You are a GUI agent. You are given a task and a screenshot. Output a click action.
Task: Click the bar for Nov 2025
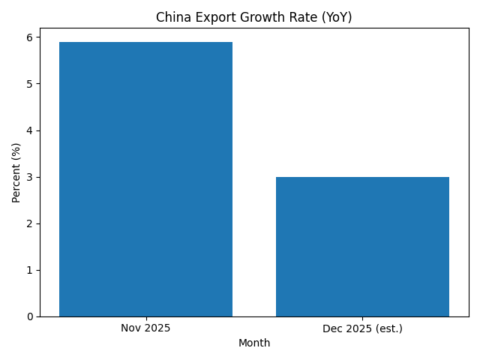click(x=145, y=179)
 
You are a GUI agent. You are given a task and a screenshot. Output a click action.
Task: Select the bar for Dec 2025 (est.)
click(x=362, y=247)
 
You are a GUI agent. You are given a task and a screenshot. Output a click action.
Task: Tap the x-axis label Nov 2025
click(x=145, y=328)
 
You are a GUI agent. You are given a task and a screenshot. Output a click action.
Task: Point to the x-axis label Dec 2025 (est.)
click(x=362, y=328)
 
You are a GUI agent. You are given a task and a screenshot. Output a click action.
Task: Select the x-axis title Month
click(x=254, y=343)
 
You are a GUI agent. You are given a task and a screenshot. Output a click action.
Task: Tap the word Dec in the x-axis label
click(x=332, y=328)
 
